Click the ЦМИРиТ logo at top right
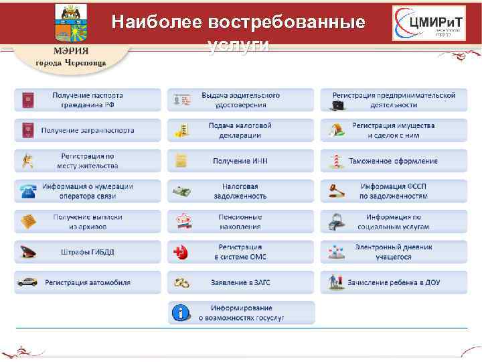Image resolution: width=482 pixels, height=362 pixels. [428, 25]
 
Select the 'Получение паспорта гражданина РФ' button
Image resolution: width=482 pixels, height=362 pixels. [88, 100]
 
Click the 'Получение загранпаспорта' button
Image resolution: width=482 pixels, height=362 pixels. [88, 131]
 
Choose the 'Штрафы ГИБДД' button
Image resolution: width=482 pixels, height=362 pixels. [88, 252]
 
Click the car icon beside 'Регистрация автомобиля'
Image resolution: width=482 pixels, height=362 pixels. [27, 282]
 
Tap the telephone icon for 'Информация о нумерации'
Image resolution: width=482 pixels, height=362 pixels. [27, 191]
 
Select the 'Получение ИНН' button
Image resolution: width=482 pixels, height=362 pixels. [240, 161]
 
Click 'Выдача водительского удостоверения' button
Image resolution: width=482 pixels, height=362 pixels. [240, 100]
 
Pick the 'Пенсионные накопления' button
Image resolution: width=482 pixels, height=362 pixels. [240, 221]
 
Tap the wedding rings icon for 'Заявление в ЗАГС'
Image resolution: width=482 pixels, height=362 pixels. [181, 282]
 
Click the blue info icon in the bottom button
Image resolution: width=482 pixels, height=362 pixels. [180, 312]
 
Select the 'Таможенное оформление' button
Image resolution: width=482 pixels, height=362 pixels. [393, 161]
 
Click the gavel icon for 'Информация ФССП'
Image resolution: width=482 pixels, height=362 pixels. [333, 192]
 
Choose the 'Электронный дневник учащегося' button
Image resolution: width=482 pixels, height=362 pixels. [393, 252]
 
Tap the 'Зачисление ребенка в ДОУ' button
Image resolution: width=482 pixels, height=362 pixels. [393, 282]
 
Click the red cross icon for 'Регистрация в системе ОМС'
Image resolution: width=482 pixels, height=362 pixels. [180, 252]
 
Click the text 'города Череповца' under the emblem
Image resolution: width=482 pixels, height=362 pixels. [70, 63]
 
